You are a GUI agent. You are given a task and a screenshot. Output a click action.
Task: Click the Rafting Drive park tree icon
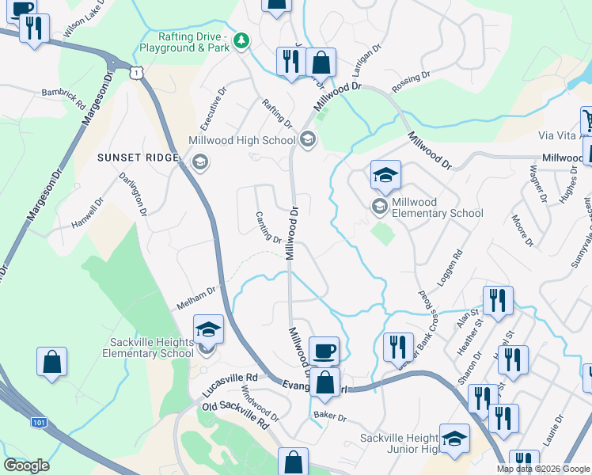tap(244, 40)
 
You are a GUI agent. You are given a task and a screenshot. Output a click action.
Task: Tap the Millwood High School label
tap(241, 141)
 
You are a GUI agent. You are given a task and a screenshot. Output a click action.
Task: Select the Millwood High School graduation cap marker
tap(307, 141)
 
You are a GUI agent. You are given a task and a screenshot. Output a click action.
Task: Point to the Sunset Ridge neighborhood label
tap(138, 158)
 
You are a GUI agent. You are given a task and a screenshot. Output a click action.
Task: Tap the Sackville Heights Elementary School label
tap(151, 348)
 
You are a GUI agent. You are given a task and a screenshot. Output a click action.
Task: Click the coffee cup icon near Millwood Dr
tap(323, 351)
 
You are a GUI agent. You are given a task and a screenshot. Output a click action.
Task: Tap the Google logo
tap(26, 465)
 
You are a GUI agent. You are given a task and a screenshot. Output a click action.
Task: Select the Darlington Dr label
tap(133, 194)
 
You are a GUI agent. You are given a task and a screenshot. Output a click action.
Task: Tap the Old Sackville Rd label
tap(236, 416)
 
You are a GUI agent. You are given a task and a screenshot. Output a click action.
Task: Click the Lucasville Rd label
tap(230, 385)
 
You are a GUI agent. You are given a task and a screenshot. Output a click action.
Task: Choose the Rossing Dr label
tap(410, 82)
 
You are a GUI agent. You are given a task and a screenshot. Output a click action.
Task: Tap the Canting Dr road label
tap(268, 227)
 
